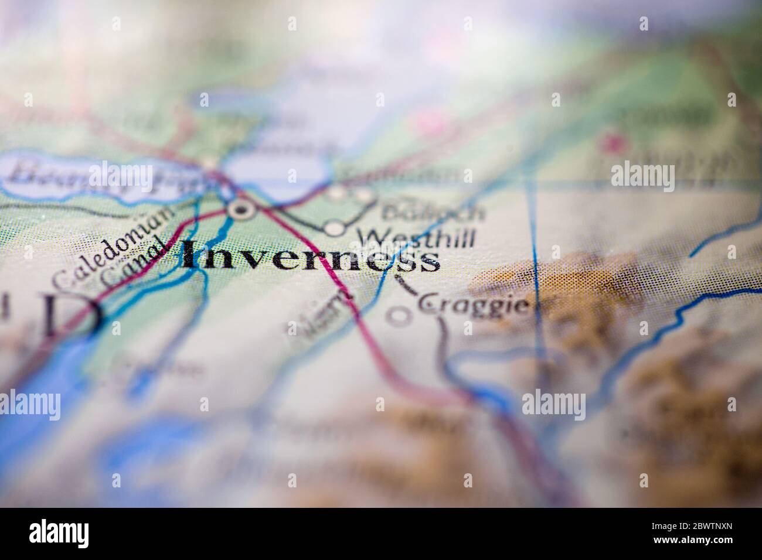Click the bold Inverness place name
(x=311, y=258)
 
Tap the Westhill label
(x=417, y=237)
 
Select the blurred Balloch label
(x=434, y=211)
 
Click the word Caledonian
(x=111, y=247)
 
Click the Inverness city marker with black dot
(x=240, y=209)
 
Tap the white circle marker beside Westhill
(x=334, y=229)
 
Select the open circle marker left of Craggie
(x=399, y=316)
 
